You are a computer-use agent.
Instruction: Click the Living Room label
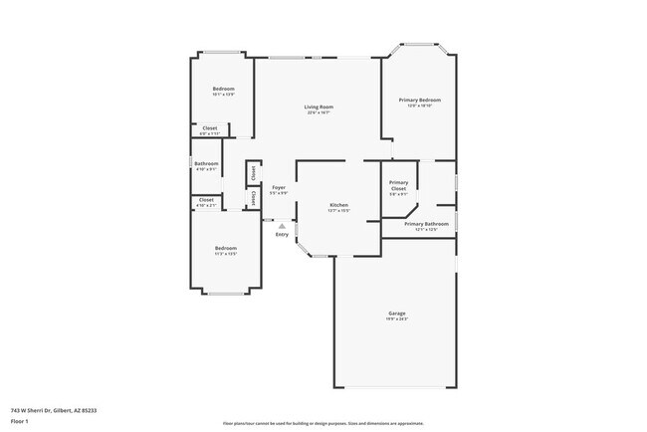319,107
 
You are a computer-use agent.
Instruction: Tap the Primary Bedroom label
420,100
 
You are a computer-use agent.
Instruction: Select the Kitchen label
339,205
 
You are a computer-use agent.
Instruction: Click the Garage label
396,313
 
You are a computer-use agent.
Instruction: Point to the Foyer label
279,187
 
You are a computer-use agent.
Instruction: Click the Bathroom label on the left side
206,163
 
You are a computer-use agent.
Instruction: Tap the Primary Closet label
398,185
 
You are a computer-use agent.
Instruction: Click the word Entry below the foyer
282,234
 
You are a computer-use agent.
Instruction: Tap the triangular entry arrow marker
282,225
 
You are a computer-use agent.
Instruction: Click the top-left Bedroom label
223,89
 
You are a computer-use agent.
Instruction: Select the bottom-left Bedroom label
226,247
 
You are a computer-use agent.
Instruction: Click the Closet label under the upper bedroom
210,127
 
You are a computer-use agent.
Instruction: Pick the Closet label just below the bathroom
206,199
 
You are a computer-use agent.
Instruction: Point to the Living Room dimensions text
319,112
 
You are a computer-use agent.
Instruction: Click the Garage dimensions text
396,319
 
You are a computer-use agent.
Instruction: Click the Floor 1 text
19,421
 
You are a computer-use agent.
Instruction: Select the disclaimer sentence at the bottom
323,422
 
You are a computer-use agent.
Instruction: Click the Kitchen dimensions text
339,211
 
